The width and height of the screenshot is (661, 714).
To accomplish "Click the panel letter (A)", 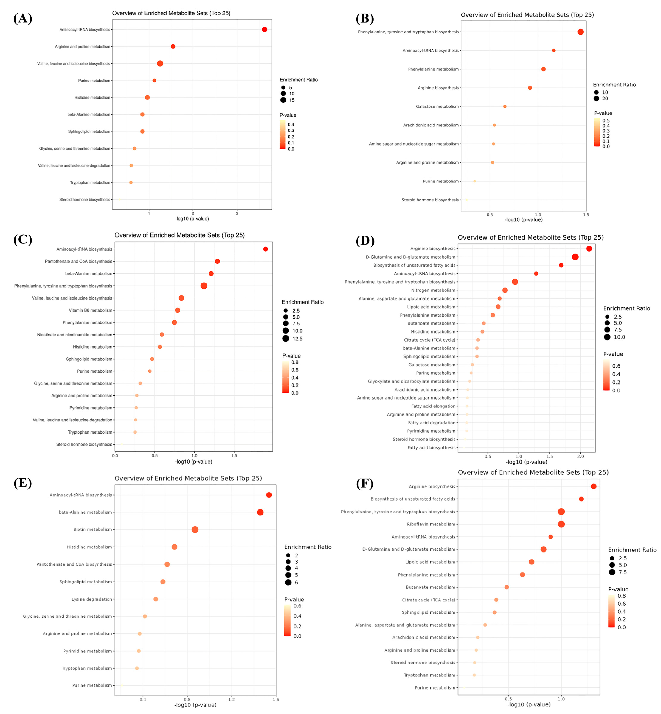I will [x=23, y=18].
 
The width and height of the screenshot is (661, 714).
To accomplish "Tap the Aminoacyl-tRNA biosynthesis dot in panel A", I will [x=264, y=29].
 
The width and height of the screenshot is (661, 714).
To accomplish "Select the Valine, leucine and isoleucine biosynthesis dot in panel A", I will [x=160, y=63].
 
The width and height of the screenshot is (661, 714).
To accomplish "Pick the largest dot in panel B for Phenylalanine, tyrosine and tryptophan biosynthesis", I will [x=580, y=32].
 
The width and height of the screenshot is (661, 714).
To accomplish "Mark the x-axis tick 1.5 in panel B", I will [x=586, y=215].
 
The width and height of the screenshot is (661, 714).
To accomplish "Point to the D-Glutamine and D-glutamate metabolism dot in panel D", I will [x=575, y=257].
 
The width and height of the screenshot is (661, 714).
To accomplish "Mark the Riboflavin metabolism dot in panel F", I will [x=561, y=524].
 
